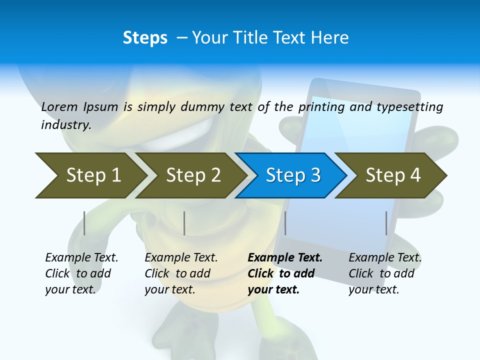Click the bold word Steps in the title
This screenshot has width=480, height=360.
point(145,38)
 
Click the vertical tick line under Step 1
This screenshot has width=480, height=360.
point(84,223)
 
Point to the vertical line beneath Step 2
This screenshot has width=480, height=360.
point(184,223)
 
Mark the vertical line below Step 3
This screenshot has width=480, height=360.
point(285,223)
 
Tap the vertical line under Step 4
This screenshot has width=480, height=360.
point(386,223)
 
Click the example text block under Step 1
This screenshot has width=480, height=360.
point(81,273)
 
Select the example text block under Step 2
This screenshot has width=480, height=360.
point(181,273)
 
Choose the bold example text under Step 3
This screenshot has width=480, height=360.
point(284,273)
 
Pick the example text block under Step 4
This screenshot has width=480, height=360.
point(385,273)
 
